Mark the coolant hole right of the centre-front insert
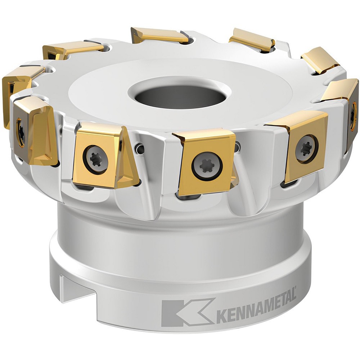point(238,146)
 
